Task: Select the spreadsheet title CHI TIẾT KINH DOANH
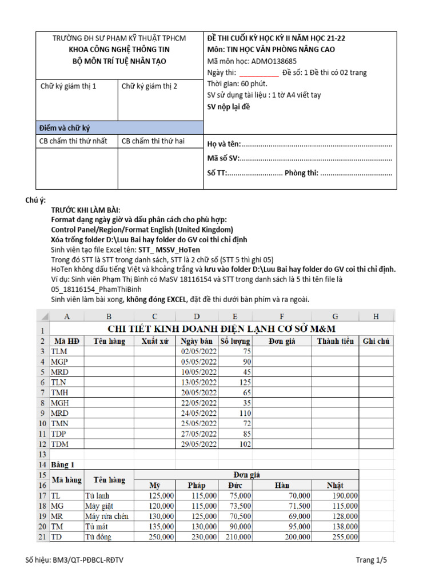point(222,328)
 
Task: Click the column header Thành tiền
point(335,341)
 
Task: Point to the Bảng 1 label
point(63,464)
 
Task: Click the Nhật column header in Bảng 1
point(334,485)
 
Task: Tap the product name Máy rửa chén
point(106,516)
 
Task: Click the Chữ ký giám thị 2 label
point(149,86)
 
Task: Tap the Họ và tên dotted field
point(317,145)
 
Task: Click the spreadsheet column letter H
point(376,316)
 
